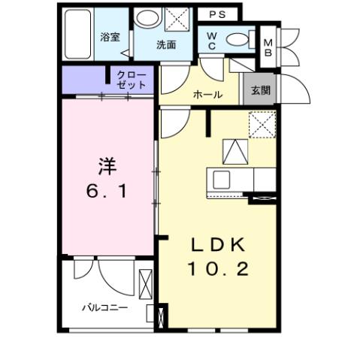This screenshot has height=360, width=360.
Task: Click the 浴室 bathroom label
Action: coord(110,38)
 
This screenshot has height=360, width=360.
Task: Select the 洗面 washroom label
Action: coord(165,45)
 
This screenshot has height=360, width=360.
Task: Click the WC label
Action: coord(213,41)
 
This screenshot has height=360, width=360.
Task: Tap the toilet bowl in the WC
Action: coord(238,39)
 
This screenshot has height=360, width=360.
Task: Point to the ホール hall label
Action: coord(207,95)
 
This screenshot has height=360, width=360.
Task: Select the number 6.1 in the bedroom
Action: coord(107,192)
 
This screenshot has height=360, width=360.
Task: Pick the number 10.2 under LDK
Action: coord(218,269)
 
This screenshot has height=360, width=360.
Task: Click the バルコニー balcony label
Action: coord(104,307)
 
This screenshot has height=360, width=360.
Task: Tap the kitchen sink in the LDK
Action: coord(223,180)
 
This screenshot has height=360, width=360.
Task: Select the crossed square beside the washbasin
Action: coord(178,18)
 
